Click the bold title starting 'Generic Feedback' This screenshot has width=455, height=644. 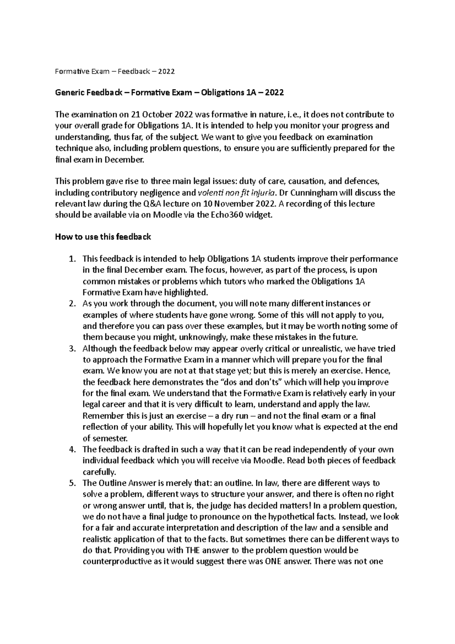(169, 93)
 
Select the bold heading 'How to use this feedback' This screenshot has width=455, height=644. (103, 237)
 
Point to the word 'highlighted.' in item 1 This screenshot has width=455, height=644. (185, 292)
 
